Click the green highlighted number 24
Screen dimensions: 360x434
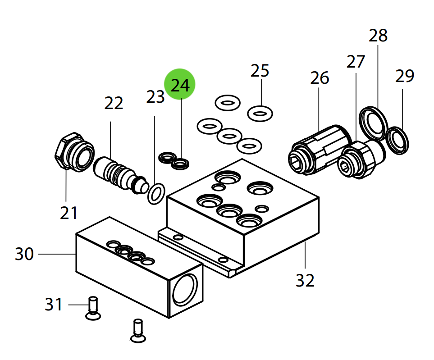[180, 85]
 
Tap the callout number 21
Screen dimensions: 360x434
[69, 212]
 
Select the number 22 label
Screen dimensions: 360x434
[114, 103]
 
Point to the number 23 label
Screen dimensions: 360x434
[155, 96]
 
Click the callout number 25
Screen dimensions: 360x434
[260, 71]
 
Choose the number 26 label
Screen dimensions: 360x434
[320, 78]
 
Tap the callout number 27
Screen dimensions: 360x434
[355, 62]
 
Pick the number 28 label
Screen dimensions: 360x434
[378, 36]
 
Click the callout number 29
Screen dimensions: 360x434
[404, 76]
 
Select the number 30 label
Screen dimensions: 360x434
[24, 254]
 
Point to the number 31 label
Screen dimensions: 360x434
[54, 305]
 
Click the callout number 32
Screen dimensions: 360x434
[305, 280]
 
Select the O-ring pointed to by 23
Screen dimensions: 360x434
[156, 193]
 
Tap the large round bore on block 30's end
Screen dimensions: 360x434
[185, 291]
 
